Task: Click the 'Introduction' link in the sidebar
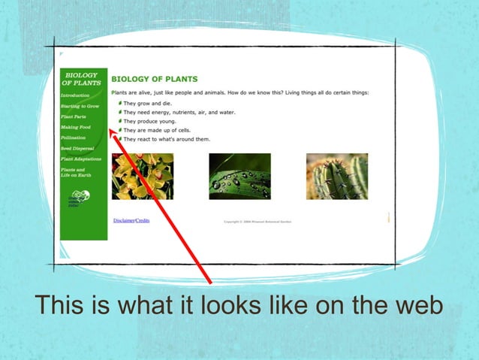point(75,96)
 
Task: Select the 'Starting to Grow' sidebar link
point(80,107)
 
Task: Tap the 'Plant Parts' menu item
point(74,117)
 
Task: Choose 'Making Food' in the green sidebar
point(74,128)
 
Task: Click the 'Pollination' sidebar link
point(74,138)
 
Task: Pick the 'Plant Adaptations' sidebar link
point(80,159)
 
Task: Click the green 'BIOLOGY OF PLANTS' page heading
point(155,79)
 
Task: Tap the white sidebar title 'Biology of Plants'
point(83,79)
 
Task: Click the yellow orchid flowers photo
point(143,177)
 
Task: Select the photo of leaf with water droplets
point(239,177)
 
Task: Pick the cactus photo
point(337,177)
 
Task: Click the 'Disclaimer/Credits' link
point(131,220)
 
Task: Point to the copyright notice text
point(258,222)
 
